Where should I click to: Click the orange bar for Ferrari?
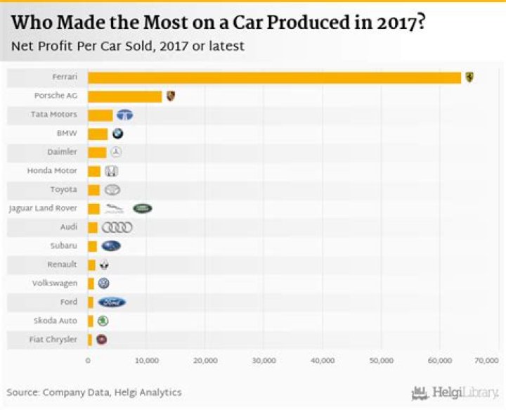tap(274, 77)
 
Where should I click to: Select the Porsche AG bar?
tap(125, 96)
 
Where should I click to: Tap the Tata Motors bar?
tap(100, 115)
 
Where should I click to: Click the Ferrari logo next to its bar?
tap(469, 77)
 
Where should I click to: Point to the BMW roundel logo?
tap(117, 134)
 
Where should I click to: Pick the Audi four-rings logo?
tap(117, 227)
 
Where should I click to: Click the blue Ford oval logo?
tap(112, 302)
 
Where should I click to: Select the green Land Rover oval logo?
tap(143, 208)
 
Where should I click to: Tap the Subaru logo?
tap(111, 246)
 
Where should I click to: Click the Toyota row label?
tap(64, 190)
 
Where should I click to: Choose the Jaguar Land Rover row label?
tap(43, 209)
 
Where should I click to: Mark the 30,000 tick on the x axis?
tap(264, 360)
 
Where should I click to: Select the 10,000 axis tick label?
tap(147, 360)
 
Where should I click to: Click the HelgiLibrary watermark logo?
tap(455, 392)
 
